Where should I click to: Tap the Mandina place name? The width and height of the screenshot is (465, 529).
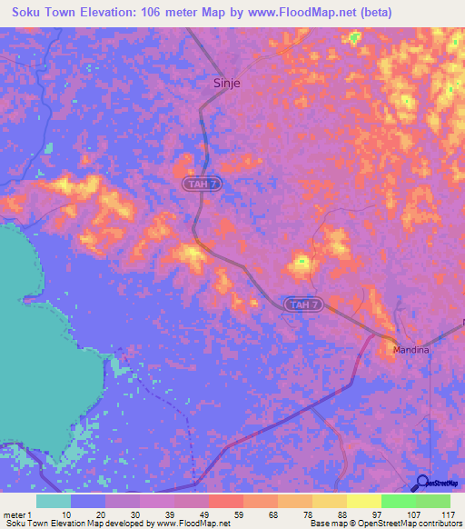tap(410, 348)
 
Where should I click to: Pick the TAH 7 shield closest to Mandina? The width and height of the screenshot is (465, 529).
tap(302, 304)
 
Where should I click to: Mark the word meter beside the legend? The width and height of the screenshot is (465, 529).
tap(14, 514)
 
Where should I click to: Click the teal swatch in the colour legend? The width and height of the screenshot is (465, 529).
tap(54, 501)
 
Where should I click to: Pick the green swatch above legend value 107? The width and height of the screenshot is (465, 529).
tap(398, 501)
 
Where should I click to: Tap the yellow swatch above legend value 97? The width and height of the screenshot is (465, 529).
tap(363, 501)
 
